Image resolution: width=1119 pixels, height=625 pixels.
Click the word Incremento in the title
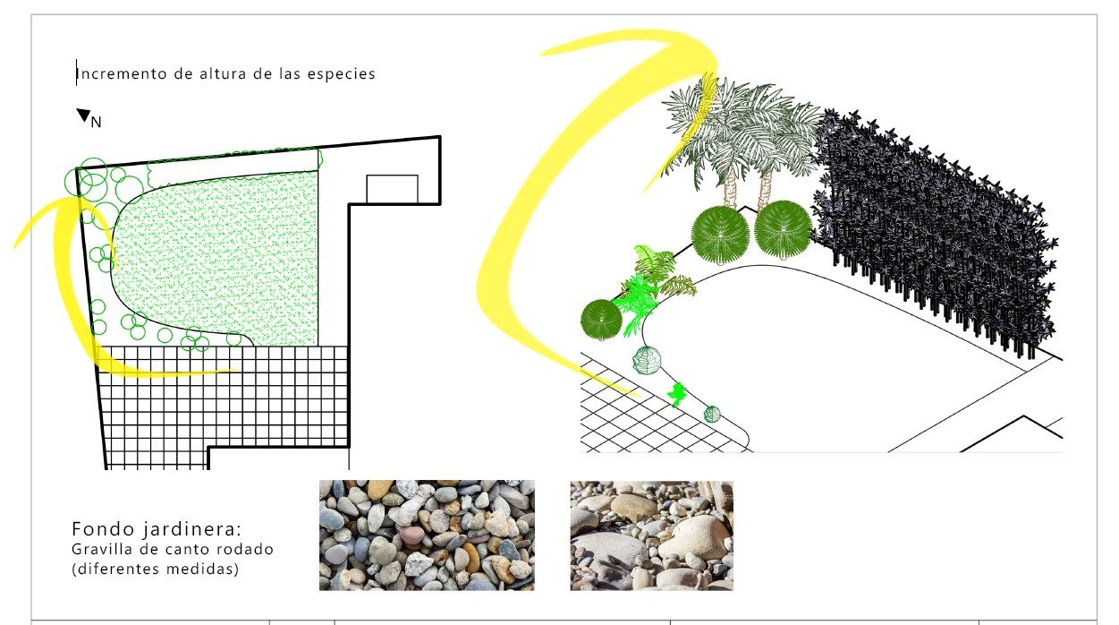coord(122,74)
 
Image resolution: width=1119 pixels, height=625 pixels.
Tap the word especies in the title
coord(341,74)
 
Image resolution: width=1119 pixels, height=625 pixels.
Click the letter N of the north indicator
coord(96,122)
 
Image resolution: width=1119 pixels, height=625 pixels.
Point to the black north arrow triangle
coord(83,115)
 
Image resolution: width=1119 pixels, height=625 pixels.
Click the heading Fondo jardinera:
coord(157,529)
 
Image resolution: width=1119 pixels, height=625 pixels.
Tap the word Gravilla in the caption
coord(102,549)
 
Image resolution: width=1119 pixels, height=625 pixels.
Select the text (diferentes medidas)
coord(156,569)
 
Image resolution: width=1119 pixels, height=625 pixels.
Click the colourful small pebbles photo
coord(428,535)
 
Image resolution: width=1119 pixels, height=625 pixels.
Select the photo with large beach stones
coord(652,535)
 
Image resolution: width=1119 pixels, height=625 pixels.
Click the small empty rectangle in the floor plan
coord(392,189)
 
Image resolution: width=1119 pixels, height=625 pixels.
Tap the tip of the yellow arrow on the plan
coord(236,371)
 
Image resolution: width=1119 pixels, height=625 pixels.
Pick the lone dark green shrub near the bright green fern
coord(601,320)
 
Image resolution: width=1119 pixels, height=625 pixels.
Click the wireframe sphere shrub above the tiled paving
coord(647,360)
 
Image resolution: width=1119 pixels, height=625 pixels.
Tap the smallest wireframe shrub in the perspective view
coord(712,414)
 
